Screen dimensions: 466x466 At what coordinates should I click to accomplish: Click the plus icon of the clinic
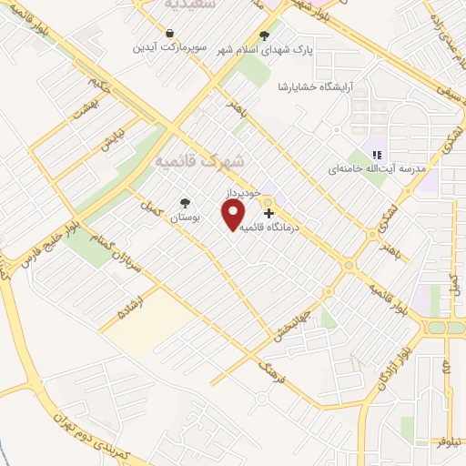coord(268,212)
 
